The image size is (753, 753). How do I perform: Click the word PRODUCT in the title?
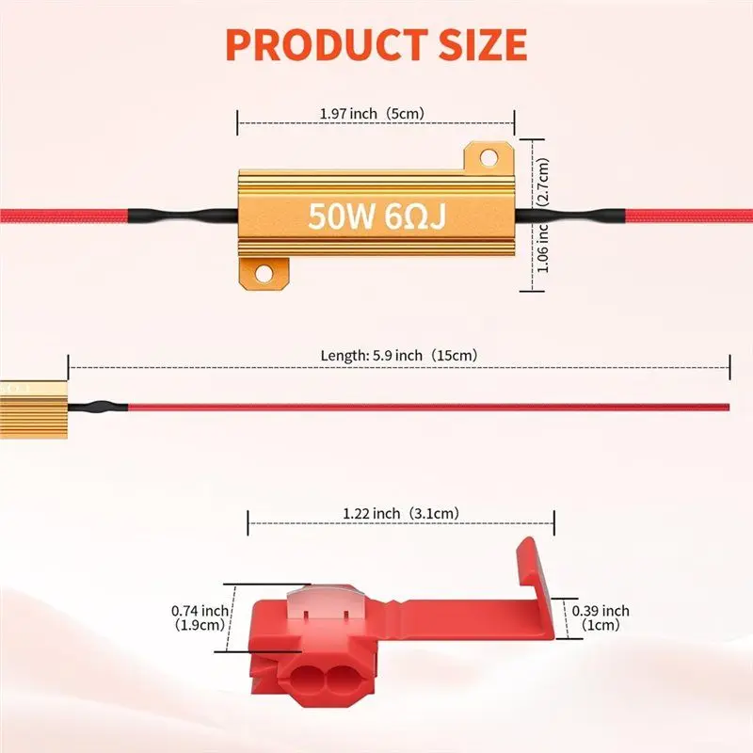[326, 44]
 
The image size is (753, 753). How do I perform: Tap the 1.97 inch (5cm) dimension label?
[372, 114]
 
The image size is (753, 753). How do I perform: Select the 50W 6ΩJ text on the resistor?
[377, 216]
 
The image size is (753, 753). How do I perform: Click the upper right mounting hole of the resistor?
[489, 157]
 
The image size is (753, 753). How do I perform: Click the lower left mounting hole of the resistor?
[264, 274]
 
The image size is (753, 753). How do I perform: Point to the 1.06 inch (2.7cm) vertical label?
[543, 216]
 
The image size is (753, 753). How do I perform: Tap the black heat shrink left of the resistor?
[183, 216]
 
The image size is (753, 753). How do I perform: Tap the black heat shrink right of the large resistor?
[570, 216]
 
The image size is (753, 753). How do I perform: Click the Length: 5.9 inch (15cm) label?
[399, 356]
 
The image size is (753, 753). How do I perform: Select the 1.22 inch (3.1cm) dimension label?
[401, 513]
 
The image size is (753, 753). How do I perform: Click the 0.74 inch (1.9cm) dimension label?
[200, 617]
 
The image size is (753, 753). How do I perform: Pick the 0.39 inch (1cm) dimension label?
[601, 617]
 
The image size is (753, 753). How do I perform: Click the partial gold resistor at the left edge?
[33, 409]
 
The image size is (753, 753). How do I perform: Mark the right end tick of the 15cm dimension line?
[729, 367]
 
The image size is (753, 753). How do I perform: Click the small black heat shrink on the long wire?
[98, 408]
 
